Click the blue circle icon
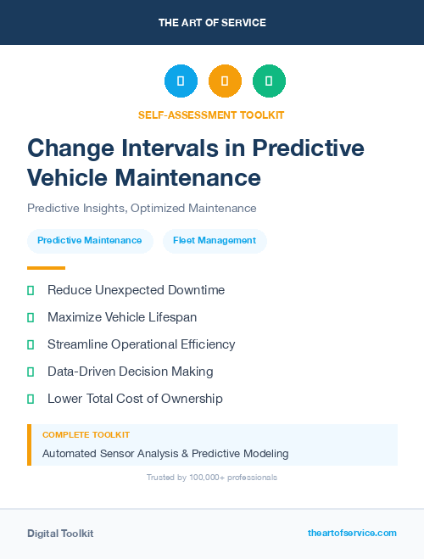(x=181, y=81)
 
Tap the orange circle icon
(x=225, y=81)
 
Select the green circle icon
(x=269, y=81)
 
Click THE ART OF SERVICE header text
(x=212, y=22)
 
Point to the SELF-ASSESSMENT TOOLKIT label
(x=211, y=115)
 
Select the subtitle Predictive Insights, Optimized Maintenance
(x=142, y=208)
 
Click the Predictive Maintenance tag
(x=90, y=240)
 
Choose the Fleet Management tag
(x=215, y=240)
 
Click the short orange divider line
(x=46, y=268)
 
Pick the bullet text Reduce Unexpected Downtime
(x=136, y=290)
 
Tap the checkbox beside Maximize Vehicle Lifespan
(x=31, y=317)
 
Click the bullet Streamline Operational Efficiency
(x=141, y=344)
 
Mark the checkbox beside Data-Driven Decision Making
(x=31, y=372)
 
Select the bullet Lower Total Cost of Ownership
(x=135, y=398)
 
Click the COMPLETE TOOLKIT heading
(x=86, y=434)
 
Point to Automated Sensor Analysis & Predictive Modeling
(x=165, y=453)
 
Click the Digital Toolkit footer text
(x=60, y=534)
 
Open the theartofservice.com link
(x=352, y=533)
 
